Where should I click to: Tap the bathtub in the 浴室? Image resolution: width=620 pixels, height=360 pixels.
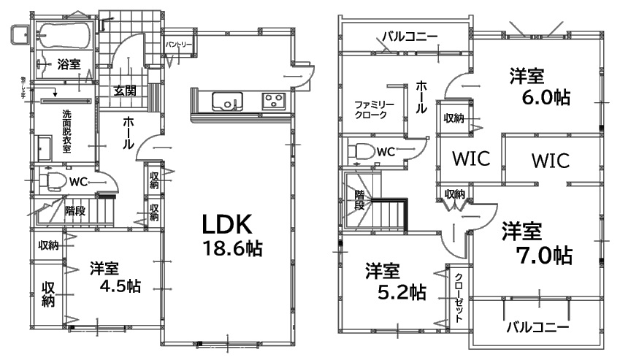(63, 34)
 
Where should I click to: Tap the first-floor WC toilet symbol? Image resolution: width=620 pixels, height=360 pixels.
(51, 180)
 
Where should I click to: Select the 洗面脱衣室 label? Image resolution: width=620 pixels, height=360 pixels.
(66, 131)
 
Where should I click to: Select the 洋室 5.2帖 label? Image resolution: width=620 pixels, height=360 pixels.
(395, 281)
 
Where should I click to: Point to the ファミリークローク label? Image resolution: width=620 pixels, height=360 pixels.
(375, 110)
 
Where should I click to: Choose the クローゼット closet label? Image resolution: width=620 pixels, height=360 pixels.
(458, 297)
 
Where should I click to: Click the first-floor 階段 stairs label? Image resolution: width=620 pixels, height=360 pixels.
(74, 212)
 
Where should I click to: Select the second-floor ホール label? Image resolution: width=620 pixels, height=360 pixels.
(422, 96)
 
